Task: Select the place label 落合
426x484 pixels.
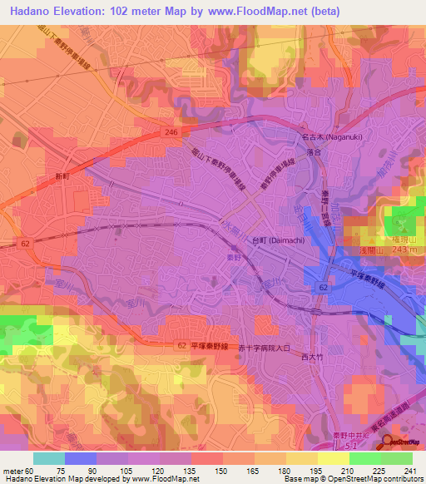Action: tap(314, 153)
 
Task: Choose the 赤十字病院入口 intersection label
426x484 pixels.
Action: tap(264, 349)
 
